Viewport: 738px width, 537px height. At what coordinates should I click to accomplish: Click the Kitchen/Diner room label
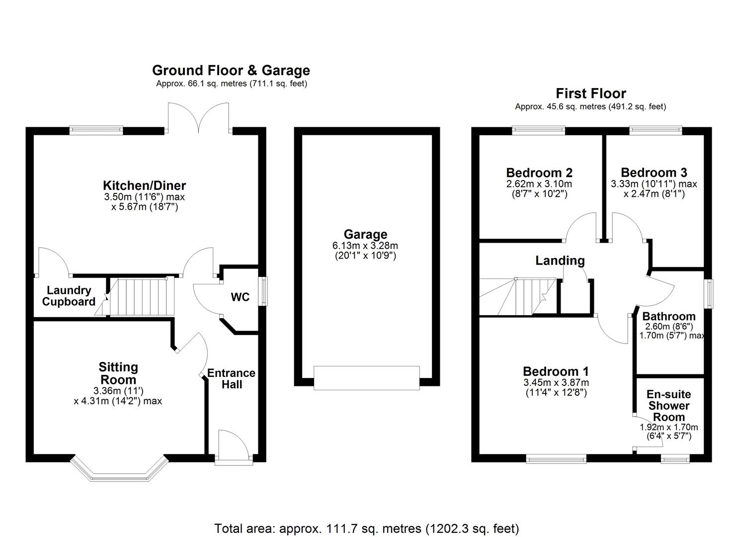[x=144, y=185]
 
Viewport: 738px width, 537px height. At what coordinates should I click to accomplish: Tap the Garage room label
[x=365, y=234]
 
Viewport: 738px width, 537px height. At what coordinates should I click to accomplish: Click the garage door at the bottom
[x=366, y=377]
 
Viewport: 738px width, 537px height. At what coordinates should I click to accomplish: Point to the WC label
[x=240, y=297]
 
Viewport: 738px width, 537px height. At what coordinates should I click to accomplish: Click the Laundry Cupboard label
[x=69, y=296]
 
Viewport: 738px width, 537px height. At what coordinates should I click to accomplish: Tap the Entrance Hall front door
[x=233, y=459]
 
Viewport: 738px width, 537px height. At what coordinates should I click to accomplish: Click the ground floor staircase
[x=142, y=297]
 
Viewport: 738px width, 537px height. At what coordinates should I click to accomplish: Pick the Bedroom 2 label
[x=539, y=173]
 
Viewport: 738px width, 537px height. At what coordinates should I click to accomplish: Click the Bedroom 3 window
[x=656, y=130]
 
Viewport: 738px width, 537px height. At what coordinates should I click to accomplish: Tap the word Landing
[x=560, y=261]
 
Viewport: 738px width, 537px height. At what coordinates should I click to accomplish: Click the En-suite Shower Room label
[x=668, y=406]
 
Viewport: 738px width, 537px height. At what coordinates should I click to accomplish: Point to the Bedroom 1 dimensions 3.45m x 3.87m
[x=556, y=383]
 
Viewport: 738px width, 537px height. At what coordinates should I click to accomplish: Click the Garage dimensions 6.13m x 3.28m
[x=365, y=246]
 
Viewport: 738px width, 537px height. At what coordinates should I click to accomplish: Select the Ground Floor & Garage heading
[x=231, y=70]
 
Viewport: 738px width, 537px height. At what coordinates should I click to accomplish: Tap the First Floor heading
[x=590, y=93]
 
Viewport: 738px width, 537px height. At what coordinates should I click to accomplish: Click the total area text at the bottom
[x=366, y=528]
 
